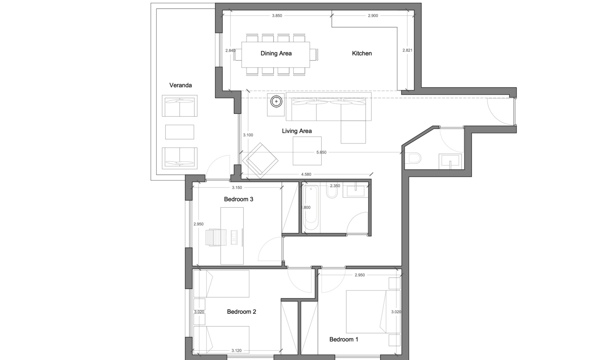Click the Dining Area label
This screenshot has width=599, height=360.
click(276, 53)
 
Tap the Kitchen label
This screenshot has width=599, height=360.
click(361, 53)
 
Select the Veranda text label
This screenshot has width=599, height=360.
click(180, 85)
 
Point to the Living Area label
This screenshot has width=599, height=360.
click(296, 131)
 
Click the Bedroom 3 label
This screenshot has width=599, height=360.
click(238, 199)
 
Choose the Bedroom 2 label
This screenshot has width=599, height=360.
click(241, 312)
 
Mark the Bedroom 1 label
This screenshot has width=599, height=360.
click(344, 339)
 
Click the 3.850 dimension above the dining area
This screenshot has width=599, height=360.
click(277, 16)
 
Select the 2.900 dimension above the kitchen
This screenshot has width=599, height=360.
click(372, 16)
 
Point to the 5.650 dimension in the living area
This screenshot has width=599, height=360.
click(321, 152)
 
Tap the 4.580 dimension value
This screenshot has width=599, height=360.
click(306, 174)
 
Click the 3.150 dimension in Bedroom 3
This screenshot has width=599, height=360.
click(237, 188)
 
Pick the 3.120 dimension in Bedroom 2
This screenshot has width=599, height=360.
click(236, 351)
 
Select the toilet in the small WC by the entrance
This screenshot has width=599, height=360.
click(414, 158)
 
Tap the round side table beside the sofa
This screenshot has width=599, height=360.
click(276, 101)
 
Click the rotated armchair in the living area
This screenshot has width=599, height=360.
click(260, 160)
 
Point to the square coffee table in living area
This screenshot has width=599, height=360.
click(307, 151)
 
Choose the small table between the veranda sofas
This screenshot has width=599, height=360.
click(179, 132)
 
